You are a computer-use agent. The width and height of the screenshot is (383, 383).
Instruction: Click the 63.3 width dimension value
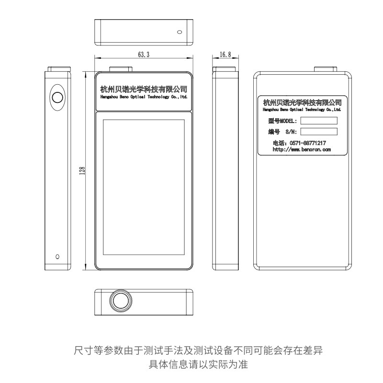144,55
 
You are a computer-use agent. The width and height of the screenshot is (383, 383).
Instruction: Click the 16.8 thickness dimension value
225,55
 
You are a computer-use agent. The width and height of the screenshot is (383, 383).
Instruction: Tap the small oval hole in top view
180,33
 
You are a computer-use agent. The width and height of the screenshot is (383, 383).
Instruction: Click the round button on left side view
57,97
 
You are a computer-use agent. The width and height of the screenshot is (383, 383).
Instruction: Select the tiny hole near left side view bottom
57,256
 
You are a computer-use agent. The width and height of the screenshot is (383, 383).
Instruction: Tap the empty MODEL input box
318,120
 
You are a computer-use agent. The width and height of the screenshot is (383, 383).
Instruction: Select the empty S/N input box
318,131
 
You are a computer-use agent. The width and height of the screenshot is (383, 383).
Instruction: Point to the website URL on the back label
302,149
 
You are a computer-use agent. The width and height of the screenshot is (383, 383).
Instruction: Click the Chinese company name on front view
144,89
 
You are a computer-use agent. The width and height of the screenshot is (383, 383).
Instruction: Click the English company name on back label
302,109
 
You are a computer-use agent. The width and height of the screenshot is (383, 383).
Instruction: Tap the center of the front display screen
144,188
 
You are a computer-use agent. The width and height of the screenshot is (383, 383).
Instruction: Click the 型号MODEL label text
282,121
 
